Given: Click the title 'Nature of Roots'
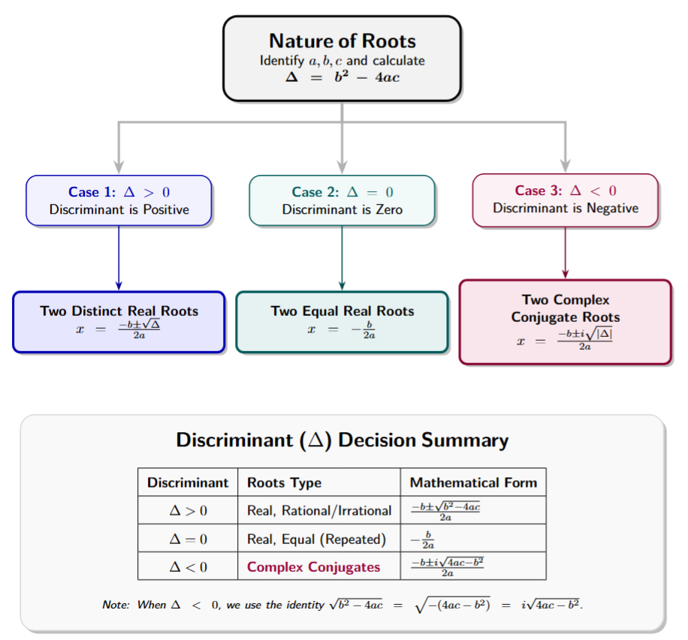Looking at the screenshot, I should pyautogui.click(x=342, y=41).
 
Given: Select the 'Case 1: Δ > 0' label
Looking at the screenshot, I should pyautogui.click(x=119, y=192).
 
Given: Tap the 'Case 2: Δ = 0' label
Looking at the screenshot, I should pyautogui.click(x=342, y=192).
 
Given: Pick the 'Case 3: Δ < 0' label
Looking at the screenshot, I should pyautogui.click(x=565, y=191).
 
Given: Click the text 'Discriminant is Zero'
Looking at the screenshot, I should pyautogui.click(x=342, y=209).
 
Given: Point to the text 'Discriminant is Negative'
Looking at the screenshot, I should pyautogui.click(x=565, y=208).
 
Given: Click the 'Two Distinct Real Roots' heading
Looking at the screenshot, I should pyautogui.click(x=119, y=311).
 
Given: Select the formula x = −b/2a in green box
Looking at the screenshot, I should pyautogui.click(x=342, y=329).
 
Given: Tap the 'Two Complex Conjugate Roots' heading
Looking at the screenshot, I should pyautogui.click(x=565, y=308).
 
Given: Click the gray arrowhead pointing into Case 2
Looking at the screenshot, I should pyautogui.click(x=342, y=167).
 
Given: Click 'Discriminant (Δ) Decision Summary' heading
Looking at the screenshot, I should pyautogui.click(x=342, y=440).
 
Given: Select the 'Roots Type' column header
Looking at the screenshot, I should pyautogui.click(x=284, y=482).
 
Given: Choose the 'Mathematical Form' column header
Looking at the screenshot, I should pyautogui.click(x=473, y=482).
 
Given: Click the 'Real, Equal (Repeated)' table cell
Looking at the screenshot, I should pyautogui.click(x=316, y=539).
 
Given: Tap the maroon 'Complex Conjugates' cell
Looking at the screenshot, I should pyautogui.click(x=314, y=566).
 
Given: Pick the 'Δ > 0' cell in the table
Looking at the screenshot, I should pyautogui.click(x=188, y=511).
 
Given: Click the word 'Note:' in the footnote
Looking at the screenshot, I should pyautogui.click(x=116, y=605).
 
